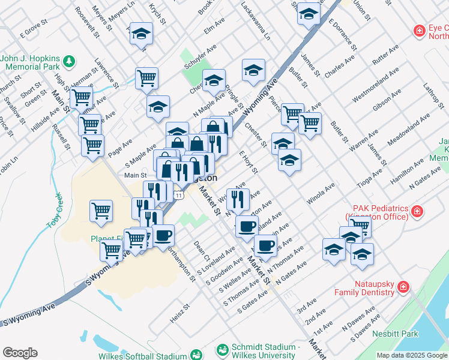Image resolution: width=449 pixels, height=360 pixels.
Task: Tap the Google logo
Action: (x=20, y=353)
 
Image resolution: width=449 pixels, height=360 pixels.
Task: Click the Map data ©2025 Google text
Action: (x=412, y=355)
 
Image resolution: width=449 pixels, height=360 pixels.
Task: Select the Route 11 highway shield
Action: (x=178, y=196)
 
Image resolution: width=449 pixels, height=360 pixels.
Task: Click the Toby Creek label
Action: (x=54, y=210)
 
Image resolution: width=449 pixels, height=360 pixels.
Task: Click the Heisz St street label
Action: (x=179, y=313)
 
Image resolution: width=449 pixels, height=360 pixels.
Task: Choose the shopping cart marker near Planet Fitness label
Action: (x=112, y=250)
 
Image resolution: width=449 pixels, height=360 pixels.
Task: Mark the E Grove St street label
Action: (x=33, y=29)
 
